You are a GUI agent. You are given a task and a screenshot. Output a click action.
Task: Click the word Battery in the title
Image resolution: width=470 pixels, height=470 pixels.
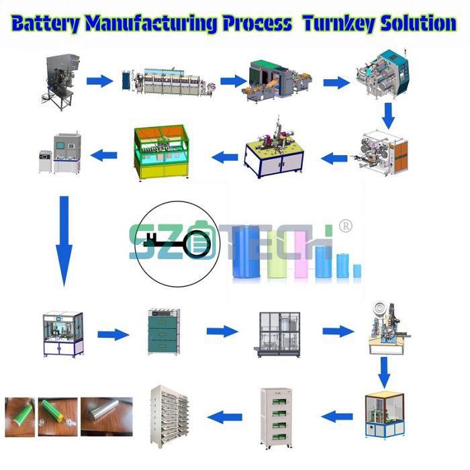45,24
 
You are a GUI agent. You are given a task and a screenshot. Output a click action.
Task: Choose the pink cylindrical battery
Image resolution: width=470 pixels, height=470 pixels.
301,259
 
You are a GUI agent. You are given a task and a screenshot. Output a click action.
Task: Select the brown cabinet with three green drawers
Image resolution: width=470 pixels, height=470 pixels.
164,332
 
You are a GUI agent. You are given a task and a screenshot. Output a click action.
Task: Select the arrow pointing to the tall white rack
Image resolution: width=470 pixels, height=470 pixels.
224,418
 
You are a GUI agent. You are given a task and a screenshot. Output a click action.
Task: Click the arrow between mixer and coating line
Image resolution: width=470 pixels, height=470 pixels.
99,81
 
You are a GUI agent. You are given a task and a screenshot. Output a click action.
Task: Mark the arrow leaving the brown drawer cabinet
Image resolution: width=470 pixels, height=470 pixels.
222,331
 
